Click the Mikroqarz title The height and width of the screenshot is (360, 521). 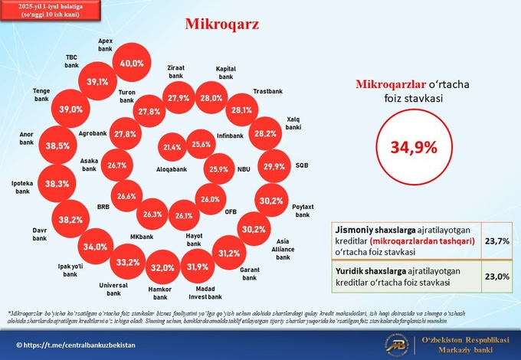[222, 23]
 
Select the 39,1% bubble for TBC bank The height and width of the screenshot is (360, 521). [97, 82]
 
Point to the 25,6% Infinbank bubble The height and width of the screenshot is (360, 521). [202, 144]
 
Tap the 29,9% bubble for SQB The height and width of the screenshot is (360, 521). [274, 166]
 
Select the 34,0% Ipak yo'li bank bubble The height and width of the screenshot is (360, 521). [96, 247]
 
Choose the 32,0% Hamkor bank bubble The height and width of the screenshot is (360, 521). [162, 267]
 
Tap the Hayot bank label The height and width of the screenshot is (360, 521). [194, 240]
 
